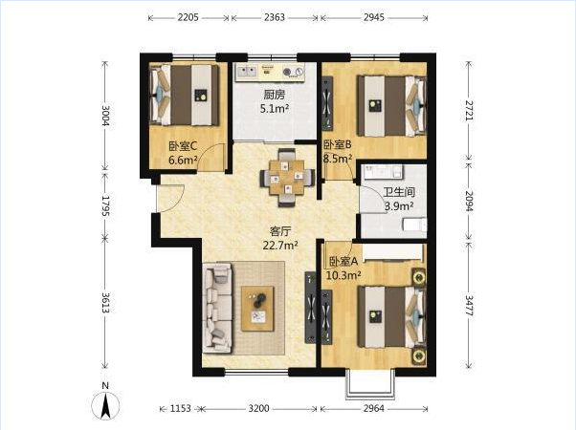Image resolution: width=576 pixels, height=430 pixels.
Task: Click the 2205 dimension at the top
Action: pos(188,17)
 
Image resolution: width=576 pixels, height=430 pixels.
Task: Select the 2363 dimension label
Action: pos(275,17)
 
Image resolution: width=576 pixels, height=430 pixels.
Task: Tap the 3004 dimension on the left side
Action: pos(106,116)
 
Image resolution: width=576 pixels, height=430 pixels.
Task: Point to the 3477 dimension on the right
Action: pos(470,305)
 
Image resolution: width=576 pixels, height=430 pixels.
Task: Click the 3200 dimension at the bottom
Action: pos(258,408)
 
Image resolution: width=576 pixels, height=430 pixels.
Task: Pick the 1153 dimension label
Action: pos(181,408)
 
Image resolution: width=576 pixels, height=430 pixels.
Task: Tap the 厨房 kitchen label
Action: pos(275,95)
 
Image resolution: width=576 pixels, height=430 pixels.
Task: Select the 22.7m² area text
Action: pos(280,245)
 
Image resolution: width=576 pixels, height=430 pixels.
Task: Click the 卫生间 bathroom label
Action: pos(399,191)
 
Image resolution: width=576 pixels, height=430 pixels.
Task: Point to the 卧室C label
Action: pos(183,146)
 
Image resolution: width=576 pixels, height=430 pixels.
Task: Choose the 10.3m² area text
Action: pos(343,275)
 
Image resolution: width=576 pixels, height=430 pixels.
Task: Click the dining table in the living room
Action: pos(287,178)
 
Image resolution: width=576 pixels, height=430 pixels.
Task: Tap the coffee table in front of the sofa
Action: pos(257,309)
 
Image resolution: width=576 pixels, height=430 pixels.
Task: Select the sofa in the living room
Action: pos(218,309)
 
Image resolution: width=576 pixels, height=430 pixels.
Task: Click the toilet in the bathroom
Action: pos(414,225)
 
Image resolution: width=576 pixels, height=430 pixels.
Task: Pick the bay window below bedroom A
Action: pos(370,384)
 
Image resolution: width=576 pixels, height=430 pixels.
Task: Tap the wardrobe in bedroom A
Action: pos(392,252)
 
